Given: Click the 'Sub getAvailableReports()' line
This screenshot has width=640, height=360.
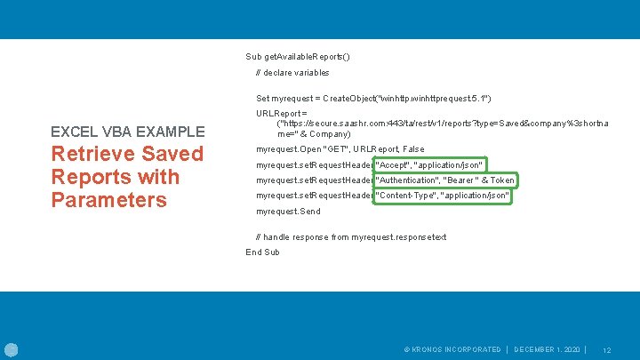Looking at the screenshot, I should coord(298,57).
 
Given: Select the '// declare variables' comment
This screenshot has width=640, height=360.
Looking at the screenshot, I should coord(292,72).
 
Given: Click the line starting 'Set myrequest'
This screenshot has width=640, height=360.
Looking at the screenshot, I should coord(373,98).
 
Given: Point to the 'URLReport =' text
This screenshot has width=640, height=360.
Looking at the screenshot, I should coord(282,114).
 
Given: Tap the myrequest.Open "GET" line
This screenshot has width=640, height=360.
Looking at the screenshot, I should coord(340,149).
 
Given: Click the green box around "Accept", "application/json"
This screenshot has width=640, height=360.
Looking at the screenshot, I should coord(430,165).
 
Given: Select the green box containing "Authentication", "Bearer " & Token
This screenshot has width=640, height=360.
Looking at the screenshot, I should coord(445,180).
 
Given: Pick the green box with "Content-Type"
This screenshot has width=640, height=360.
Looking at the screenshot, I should coord(444,196).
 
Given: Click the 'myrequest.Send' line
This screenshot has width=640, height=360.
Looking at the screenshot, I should coord(288,212).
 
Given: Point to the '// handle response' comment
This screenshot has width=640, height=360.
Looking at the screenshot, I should coord(351,236).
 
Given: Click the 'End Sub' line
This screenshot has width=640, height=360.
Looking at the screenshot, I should coord(263,252).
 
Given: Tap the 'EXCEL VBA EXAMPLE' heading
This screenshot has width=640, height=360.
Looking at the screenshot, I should coord(128,132).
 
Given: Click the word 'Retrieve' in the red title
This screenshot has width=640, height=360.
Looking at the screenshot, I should coord(93,154).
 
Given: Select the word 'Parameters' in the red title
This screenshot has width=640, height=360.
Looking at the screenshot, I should coord(109,200).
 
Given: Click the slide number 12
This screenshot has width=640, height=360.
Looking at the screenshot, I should coord(608,350).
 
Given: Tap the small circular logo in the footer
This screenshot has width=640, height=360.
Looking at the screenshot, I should coord(11,349).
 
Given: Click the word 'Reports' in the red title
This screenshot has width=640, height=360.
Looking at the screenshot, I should coord(90,177).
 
